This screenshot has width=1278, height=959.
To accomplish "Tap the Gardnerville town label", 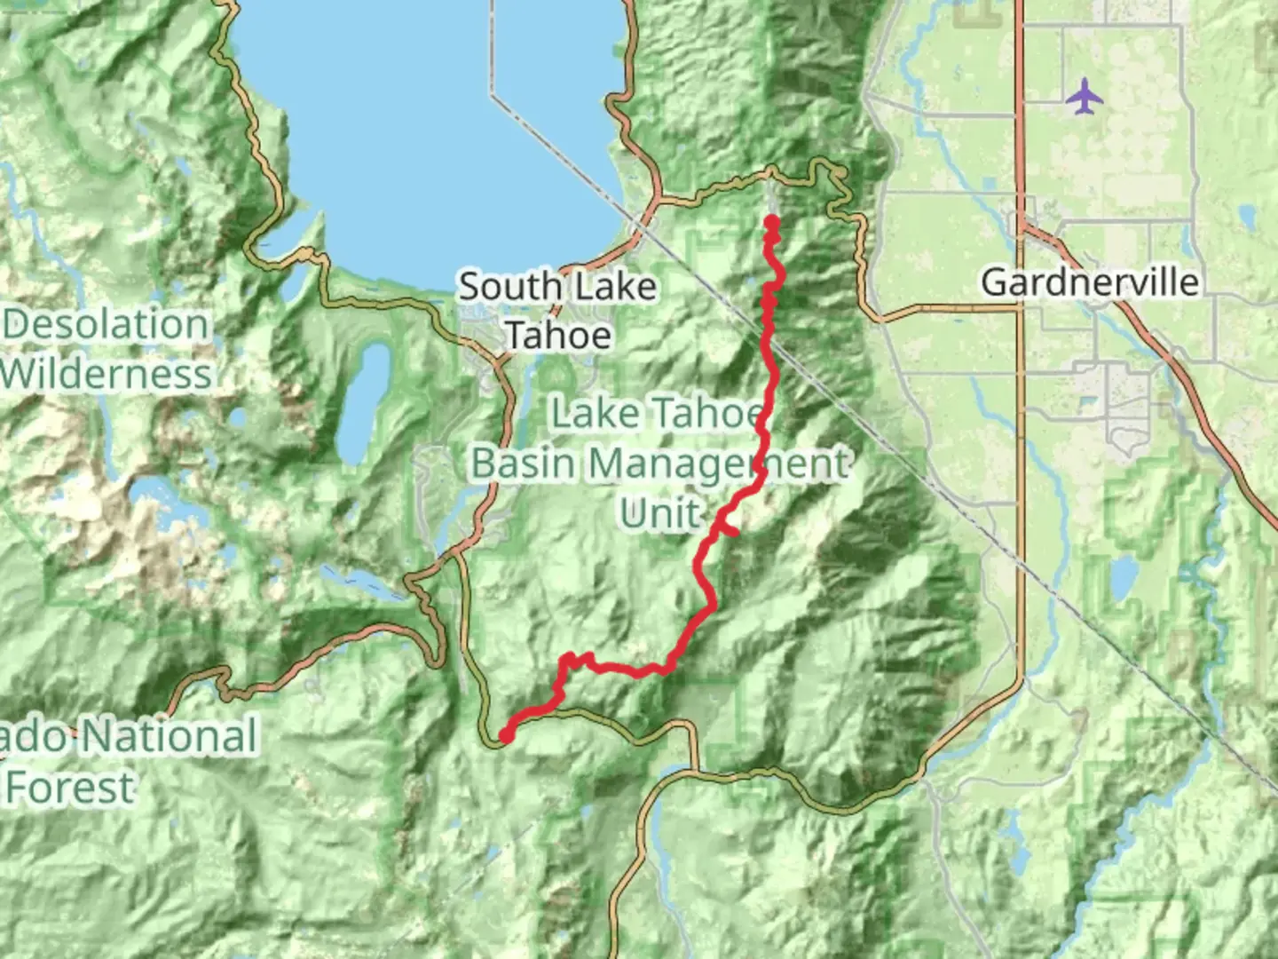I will click(x=1090, y=282).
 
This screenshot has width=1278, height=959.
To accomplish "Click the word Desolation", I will click(x=106, y=324).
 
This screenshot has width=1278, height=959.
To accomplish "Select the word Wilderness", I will click(x=106, y=374).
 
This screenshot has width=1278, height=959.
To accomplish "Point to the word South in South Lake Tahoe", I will click(x=510, y=287).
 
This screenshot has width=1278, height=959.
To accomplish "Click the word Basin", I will click(x=524, y=463).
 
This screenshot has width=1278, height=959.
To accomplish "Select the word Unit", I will click(x=660, y=513).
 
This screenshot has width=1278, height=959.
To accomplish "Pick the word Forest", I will click(x=71, y=788).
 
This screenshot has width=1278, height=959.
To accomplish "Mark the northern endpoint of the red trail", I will click(x=771, y=221).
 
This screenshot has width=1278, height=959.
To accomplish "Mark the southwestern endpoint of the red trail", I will click(x=506, y=735).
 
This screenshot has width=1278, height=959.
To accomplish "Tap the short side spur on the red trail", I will click(x=728, y=530).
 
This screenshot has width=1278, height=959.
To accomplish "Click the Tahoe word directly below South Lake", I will click(x=558, y=336).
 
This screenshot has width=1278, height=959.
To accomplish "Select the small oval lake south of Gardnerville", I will click(x=1123, y=577).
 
